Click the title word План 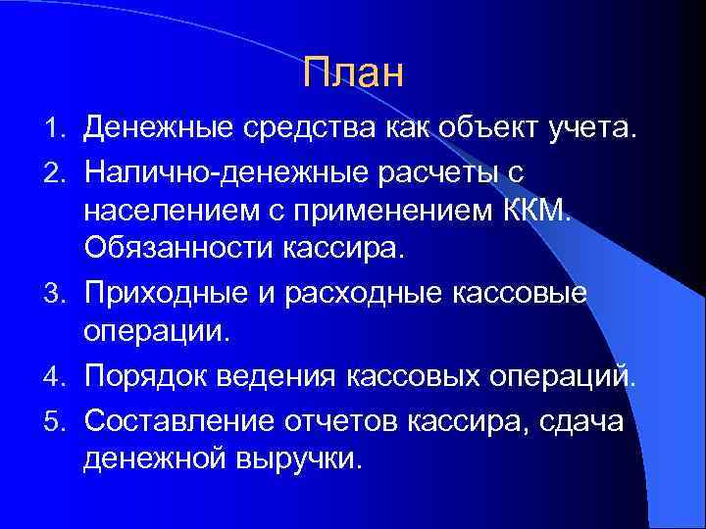353,72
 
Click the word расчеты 455,170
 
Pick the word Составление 176,416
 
